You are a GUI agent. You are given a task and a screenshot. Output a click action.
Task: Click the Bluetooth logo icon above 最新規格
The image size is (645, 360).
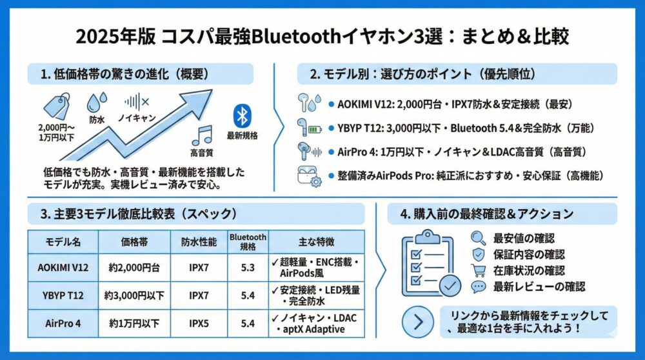tap(241, 115)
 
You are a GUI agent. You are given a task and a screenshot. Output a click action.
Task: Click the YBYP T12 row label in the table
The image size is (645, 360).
tap(63, 295)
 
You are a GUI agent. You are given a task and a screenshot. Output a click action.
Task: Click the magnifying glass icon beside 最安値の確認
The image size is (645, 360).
tap(479, 237)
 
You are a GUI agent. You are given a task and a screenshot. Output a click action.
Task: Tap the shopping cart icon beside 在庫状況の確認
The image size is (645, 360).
tap(479, 270)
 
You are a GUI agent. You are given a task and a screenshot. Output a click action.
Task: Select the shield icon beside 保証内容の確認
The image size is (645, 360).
tap(479, 254)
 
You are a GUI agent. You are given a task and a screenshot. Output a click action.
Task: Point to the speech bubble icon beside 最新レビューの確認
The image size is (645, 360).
tap(479, 287)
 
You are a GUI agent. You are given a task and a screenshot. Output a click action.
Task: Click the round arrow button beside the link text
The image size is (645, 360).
tap(417, 321)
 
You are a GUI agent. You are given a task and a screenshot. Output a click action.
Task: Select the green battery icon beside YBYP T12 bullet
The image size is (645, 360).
tap(315, 128)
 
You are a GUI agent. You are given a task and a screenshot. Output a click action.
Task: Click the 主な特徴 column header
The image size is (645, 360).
tap(317, 242)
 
